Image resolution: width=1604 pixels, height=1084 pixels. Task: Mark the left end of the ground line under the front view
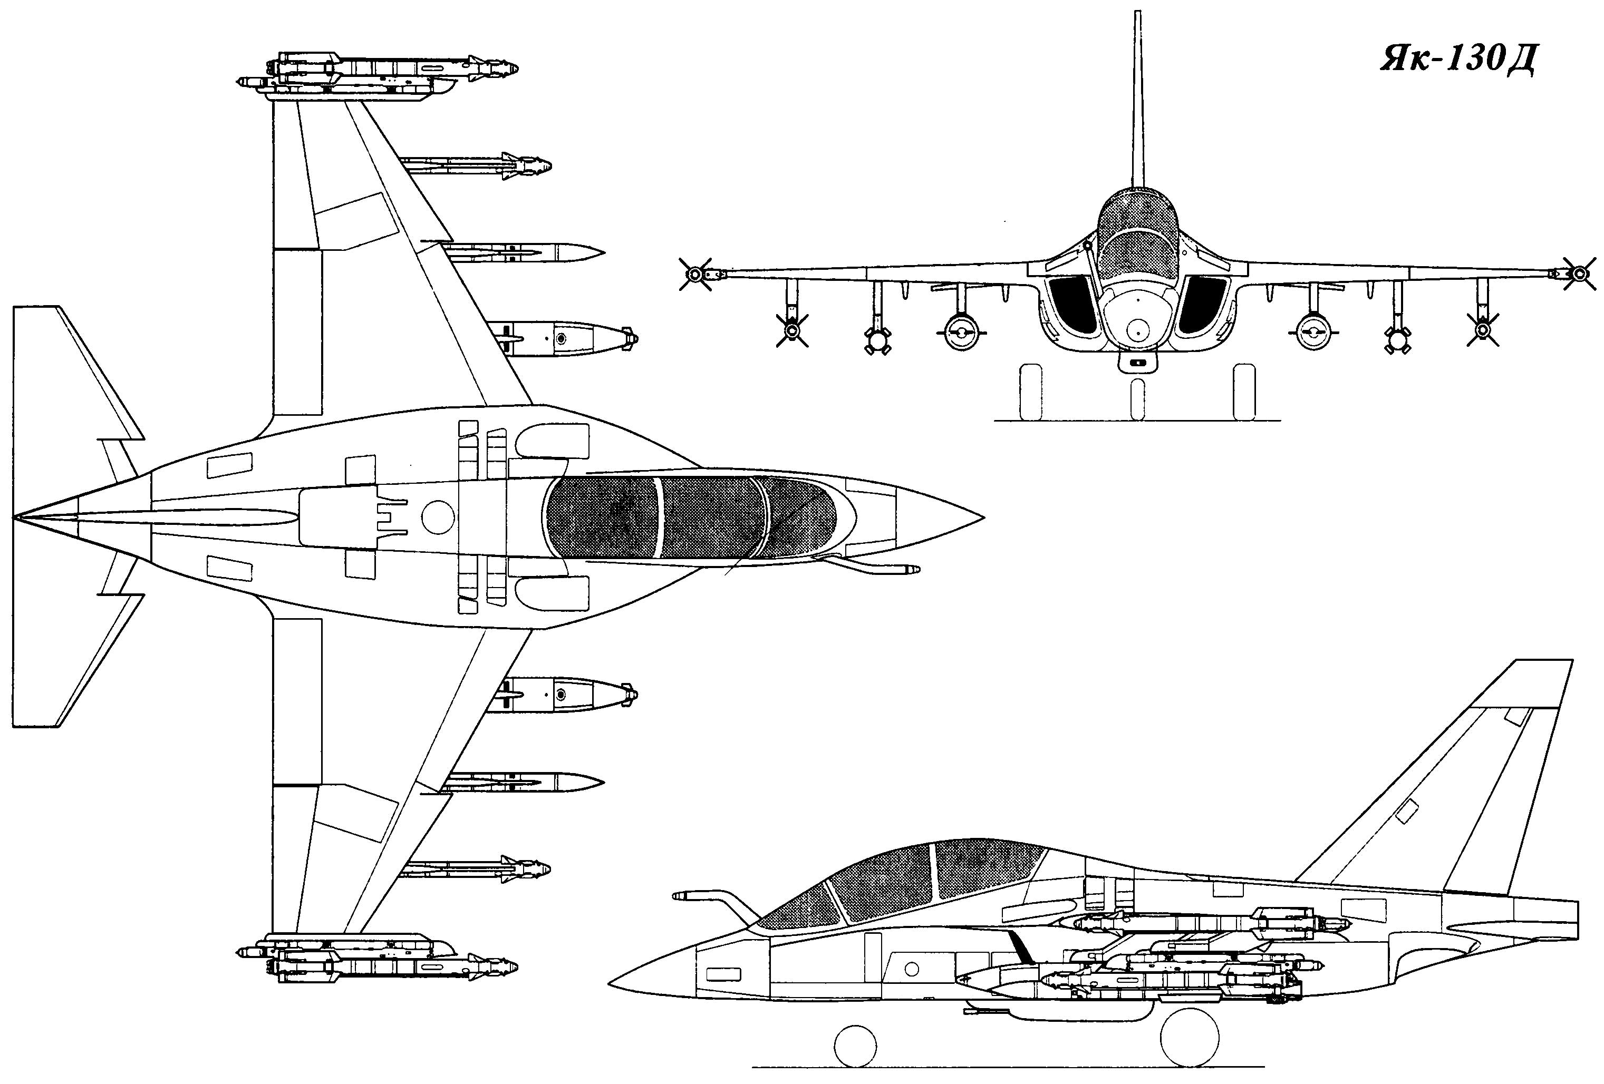994,420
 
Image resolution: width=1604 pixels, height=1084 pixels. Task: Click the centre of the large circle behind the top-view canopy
438,516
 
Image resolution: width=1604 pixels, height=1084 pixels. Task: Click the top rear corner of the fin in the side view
1573,660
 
